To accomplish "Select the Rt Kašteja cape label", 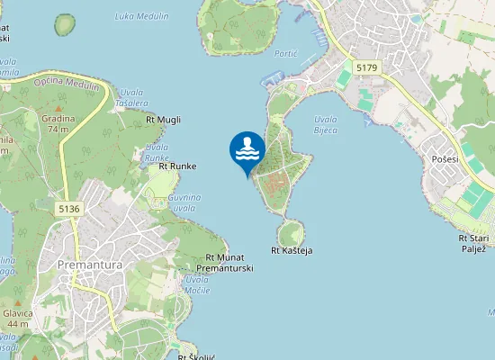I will pyautogui.click(x=291, y=250).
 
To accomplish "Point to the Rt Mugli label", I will pyautogui.click(x=163, y=119).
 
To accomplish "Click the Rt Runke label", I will pyautogui.click(x=177, y=166).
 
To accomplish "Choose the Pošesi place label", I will pyautogui.click(x=445, y=159).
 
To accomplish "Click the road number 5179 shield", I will pyautogui.click(x=366, y=67).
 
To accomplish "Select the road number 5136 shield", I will pyautogui.click(x=68, y=209).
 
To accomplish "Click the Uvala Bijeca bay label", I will pyautogui.click(x=326, y=125).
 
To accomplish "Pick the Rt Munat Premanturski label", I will pyautogui.click(x=224, y=263).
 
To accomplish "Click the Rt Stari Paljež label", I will pyautogui.click(x=473, y=243).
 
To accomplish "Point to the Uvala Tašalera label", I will pyautogui.click(x=131, y=98).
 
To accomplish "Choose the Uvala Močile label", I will pyautogui.click(x=196, y=285).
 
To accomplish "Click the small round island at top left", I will pyautogui.click(x=65, y=24).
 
